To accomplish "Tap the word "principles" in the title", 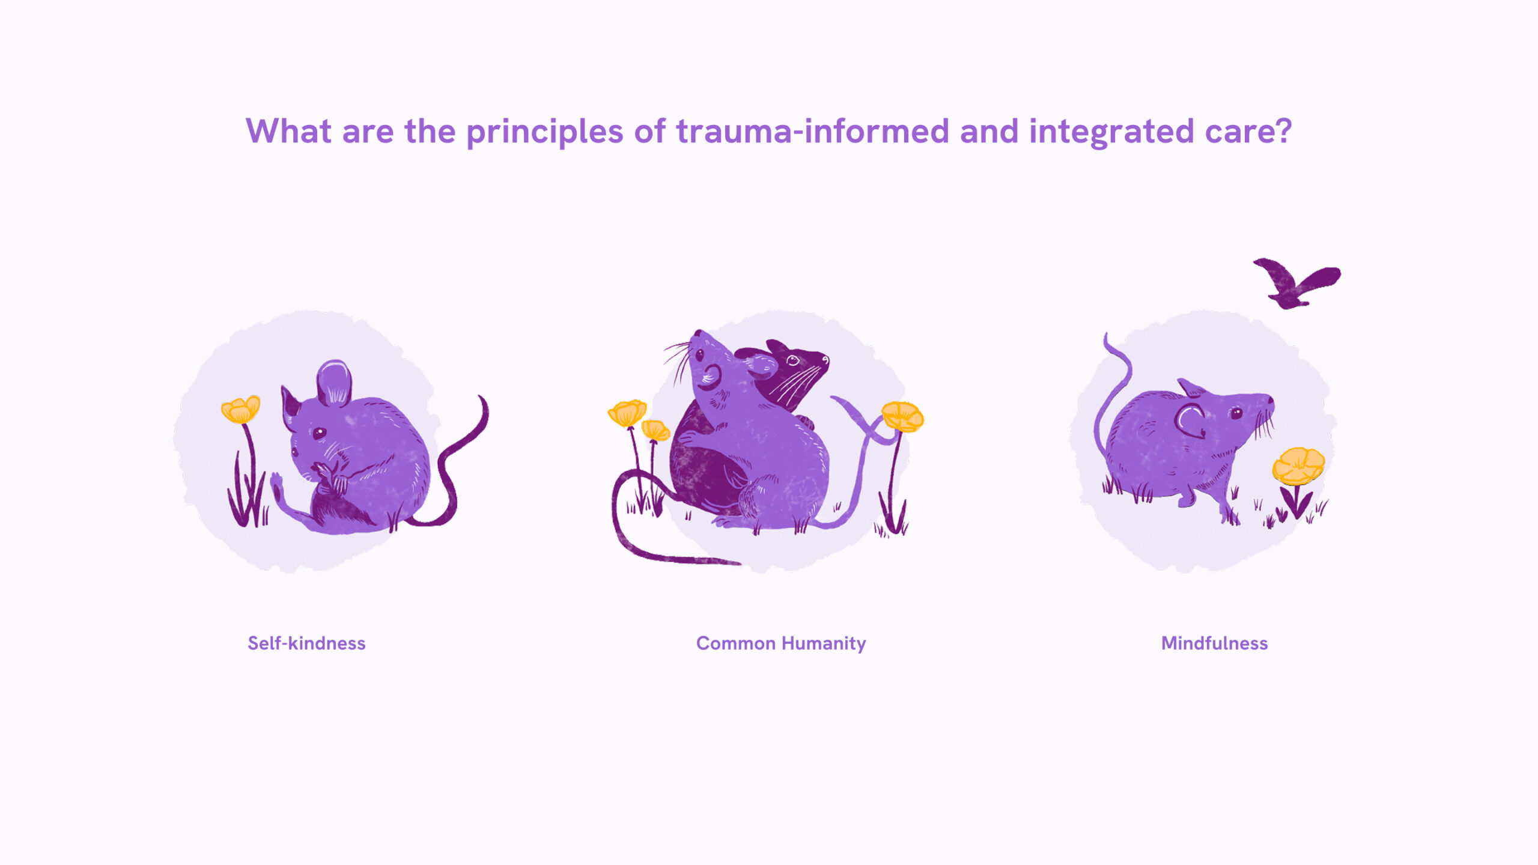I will pyautogui.click(x=544, y=132).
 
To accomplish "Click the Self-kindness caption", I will pyautogui.click(x=306, y=643).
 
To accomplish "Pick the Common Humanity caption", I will pyautogui.click(x=780, y=643).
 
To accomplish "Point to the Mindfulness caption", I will pyautogui.click(x=1214, y=643).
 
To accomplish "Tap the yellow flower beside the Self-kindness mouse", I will pyautogui.click(x=240, y=410).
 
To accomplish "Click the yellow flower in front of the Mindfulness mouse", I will pyautogui.click(x=1298, y=466).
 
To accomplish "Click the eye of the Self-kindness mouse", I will pyautogui.click(x=319, y=432).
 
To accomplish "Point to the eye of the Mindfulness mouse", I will pyautogui.click(x=1236, y=413).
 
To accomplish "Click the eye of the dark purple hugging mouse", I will pyautogui.click(x=793, y=360).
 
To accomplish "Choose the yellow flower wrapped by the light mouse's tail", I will pyautogui.click(x=902, y=416).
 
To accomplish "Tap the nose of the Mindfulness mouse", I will pyautogui.click(x=1270, y=399).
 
